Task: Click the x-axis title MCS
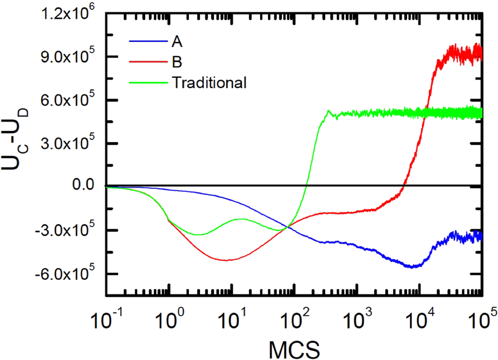point(295,348)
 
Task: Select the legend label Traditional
point(209,83)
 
